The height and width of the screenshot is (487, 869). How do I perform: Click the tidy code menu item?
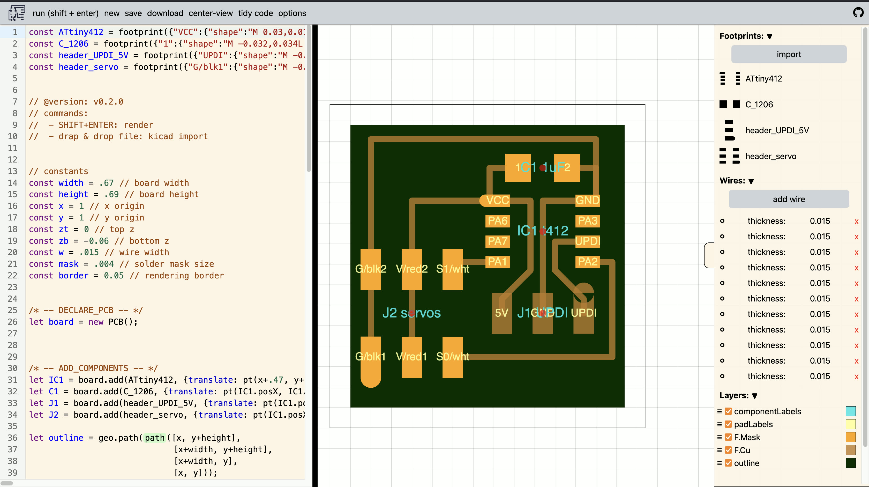255,13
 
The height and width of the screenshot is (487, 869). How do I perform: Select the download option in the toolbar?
165,13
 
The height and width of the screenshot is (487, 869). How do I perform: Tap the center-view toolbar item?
211,13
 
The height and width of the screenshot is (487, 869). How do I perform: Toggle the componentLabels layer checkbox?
728,411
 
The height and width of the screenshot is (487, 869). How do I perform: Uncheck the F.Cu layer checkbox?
728,450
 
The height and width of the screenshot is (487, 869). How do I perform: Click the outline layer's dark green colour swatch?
850,463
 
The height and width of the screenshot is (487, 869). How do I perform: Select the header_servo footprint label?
770,156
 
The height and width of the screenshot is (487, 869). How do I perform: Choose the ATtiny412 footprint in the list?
763,79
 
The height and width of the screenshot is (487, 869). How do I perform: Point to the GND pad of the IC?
587,200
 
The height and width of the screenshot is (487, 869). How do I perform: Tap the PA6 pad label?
497,221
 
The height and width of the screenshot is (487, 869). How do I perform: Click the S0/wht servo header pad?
452,357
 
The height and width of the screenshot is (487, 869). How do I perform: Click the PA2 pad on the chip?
587,262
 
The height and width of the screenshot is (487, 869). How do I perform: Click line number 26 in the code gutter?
13,322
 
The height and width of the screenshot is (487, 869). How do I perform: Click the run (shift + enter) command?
65,13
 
